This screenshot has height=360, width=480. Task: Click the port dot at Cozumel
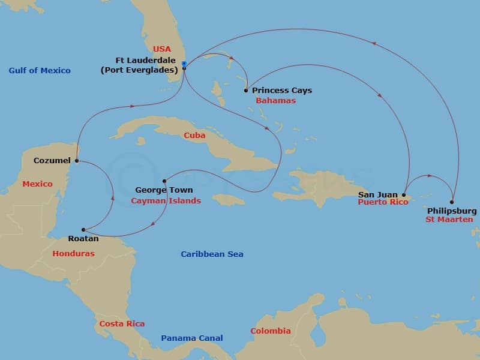(77, 161)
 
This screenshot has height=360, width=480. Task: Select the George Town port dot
(164, 181)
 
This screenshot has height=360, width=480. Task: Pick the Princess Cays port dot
(246, 91)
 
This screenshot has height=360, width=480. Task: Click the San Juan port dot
(404, 194)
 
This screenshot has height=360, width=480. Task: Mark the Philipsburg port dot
(452, 202)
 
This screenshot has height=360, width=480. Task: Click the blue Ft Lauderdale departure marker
(184, 64)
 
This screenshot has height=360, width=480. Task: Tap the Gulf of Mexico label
(40, 71)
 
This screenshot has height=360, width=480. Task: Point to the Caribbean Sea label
(212, 254)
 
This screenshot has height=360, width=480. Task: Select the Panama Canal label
(192, 338)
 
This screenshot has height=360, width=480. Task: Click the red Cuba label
(195, 136)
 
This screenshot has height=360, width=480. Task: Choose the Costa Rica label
(122, 324)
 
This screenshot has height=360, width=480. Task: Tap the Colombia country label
(271, 331)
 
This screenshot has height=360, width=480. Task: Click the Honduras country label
(73, 254)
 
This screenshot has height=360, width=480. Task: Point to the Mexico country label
(37, 184)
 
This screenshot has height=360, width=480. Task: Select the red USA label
(162, 49)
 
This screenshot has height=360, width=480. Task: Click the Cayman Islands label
(166, 201)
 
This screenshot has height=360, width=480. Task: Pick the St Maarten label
(449, 220)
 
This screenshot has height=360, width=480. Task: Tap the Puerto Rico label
(383, 202)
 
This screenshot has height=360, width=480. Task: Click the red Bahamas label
(276, 101)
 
